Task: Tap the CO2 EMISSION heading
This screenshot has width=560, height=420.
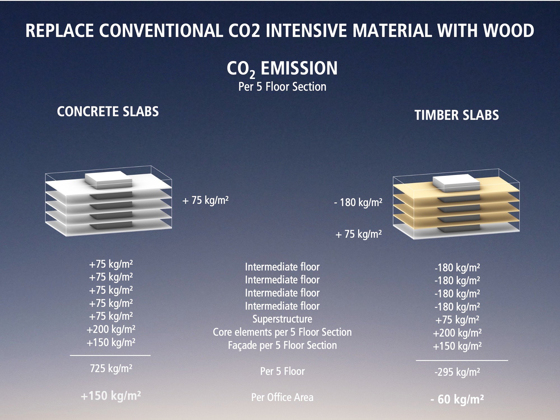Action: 282,69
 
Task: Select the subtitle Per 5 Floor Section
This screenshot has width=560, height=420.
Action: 282,87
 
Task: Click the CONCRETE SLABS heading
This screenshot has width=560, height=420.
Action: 108,111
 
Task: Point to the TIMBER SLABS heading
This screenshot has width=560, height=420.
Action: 457,115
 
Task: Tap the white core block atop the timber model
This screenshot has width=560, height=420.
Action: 456,183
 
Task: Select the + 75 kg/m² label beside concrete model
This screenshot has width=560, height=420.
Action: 205,200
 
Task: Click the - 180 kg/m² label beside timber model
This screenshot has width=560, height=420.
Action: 358,202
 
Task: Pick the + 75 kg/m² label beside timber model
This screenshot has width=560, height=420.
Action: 358,234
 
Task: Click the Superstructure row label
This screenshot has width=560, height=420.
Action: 282,319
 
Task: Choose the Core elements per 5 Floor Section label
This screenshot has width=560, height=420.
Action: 282,332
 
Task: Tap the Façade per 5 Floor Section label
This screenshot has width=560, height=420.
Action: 282,345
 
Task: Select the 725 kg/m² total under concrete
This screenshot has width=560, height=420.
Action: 111,368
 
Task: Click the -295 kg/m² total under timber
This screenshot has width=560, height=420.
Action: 457,372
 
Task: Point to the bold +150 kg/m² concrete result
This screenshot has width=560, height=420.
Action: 111,396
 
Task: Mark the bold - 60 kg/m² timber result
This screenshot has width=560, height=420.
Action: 457,399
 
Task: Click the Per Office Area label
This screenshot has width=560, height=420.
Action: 282,397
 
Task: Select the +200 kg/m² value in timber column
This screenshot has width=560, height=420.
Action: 457,333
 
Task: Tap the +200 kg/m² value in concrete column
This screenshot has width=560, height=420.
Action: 111,329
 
